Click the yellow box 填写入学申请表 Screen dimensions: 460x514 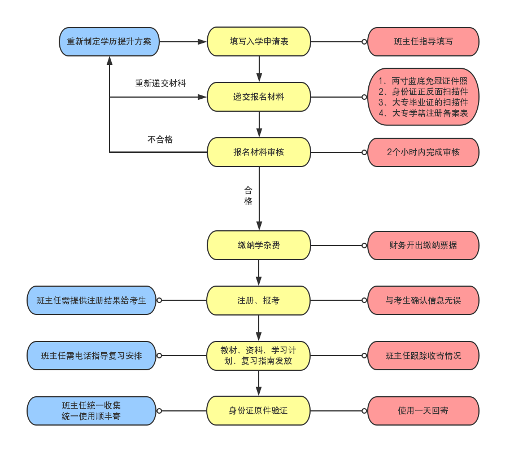pos(259,41)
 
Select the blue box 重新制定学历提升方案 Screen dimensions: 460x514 pos(109,42)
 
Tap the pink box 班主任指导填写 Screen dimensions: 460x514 pos(423,42)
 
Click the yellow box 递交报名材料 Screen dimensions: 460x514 pos(259,97)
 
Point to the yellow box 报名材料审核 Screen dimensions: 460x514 pos(259,152)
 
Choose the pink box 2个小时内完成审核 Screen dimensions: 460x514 pos(423,152)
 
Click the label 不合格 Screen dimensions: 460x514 pos(160,139)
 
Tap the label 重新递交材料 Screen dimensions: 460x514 pos(160,84)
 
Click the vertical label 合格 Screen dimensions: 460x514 pos(248,195)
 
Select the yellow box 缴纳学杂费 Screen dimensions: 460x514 pos(259,245)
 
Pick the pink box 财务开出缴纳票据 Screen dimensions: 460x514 pos(423,245)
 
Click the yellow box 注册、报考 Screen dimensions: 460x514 pos(259,300)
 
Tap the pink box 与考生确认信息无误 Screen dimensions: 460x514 pos(423,300)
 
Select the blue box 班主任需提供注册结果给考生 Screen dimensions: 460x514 pos(92,300)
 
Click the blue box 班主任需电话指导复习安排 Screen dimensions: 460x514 pos(92,356)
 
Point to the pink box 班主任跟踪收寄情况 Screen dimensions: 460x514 pos(423,356)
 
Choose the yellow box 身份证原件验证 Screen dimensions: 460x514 pos(259,410)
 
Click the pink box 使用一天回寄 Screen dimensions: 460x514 pos(423,410)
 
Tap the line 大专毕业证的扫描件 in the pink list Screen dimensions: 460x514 pos(423,102)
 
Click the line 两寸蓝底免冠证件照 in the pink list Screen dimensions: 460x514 pos(423,81)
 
